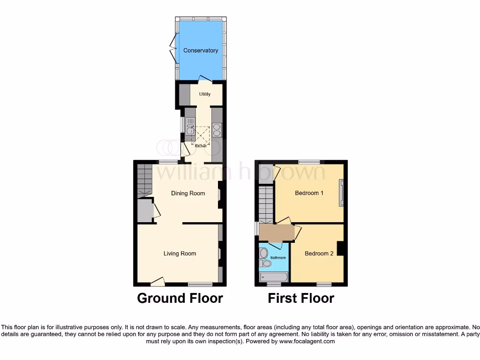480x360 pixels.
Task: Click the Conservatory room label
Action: (x=201, y=51)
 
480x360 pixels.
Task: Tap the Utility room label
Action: (x=204, y=94)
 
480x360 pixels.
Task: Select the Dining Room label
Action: (x=188, y=193)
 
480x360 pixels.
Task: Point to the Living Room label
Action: (x=180, y=254)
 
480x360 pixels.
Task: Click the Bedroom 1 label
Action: (x=309, y=193)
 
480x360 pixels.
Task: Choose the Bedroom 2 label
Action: (x=319, y=254)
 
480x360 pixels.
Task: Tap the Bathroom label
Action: (x=278, y=258)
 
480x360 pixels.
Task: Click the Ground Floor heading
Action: (x=180, y=298)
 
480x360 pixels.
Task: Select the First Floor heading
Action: (x=301, y=298)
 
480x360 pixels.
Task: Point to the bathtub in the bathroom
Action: (x=274, y=277)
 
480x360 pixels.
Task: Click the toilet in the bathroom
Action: (x=265, y=263)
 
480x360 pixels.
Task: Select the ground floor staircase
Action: (x=145, y=180)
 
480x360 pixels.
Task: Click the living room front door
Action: (x=158, y=281)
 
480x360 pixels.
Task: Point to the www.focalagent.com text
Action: (x=307, y=342)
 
